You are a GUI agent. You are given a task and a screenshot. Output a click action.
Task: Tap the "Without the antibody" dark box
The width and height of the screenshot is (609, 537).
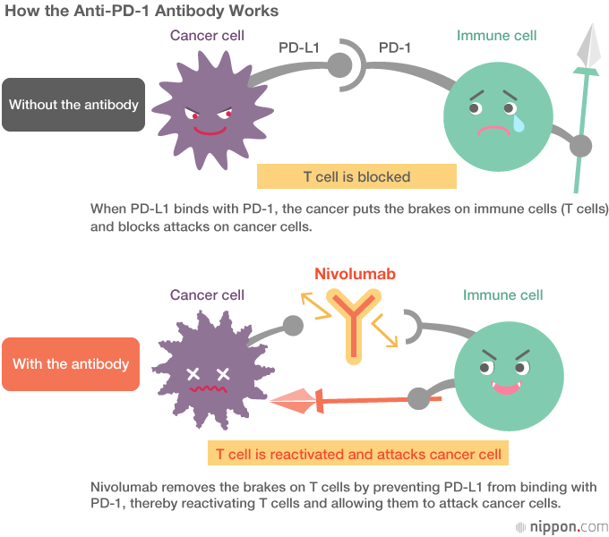tap(73, 105)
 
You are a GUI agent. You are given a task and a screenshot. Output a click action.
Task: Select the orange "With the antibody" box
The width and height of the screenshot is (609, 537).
tap(71, 364)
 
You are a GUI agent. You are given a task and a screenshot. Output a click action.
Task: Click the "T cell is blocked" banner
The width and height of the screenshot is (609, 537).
tap(356, 176)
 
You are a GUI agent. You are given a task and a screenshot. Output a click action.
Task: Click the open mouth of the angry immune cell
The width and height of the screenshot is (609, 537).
tap(508, 387)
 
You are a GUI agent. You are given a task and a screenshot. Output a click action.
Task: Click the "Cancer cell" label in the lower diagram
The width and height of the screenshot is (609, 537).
tap(207, 294)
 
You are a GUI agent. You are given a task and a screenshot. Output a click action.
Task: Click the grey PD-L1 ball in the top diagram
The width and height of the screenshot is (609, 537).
tap(340, 64)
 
